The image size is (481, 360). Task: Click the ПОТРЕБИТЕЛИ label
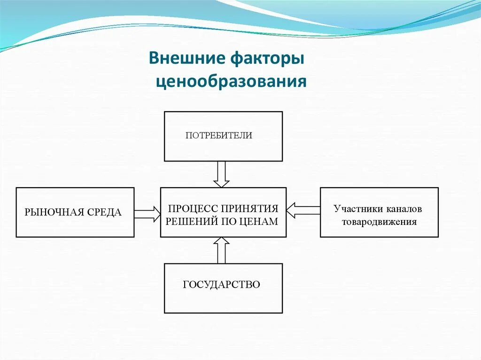pos(219,136)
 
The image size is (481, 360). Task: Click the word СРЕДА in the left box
pos(103,213)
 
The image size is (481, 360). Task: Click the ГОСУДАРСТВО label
pos(221,284)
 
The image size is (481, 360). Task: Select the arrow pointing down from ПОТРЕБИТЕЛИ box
pos(221,174)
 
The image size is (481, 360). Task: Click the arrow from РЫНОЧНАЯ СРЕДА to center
pos(147,214)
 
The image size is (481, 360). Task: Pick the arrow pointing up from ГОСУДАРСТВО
pos(221,250)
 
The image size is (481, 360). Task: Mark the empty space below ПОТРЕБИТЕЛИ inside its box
pos(223,150)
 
